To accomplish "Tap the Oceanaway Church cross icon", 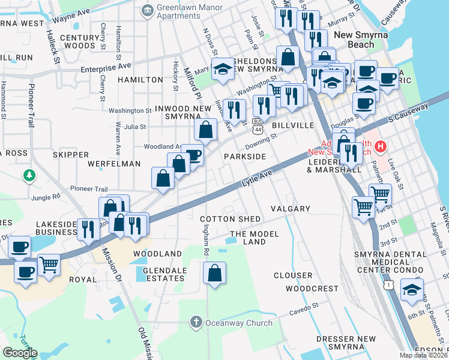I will (195, 323).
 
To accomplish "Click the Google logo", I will (20, 352).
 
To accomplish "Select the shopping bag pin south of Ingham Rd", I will (214, 274).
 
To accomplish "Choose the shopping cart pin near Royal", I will (49, 264).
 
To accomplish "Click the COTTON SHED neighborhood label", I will (230, 220).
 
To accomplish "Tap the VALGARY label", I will (290, 209).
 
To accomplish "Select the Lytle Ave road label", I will (257, 176).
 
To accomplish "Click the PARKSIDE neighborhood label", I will (245, 156).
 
